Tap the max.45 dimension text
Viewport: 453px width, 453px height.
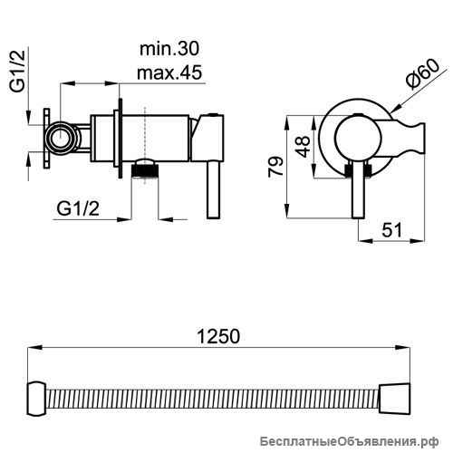[x=169, y=72]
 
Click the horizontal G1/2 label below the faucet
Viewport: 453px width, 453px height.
[x=78, y=208]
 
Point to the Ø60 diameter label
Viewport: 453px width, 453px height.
[x=423, y=74]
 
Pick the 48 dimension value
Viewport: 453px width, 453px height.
[x=303, y=147]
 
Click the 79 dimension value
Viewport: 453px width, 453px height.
[x=276, y=166]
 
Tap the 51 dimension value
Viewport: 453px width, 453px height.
[x=392, y=230]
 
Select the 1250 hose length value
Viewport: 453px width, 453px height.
[x=218, y=336]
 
